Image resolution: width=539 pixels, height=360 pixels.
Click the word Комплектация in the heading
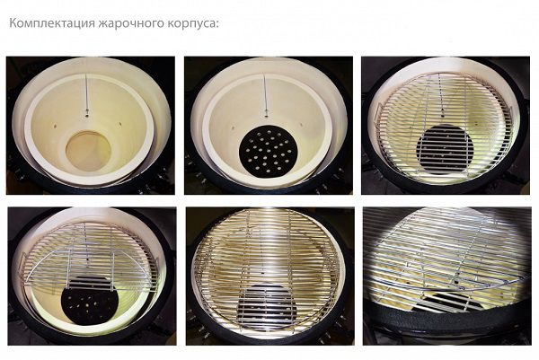tap(52, 23)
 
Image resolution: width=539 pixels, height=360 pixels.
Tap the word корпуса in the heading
tap(193, 23)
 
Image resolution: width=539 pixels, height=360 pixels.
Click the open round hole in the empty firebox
tap(88, 151)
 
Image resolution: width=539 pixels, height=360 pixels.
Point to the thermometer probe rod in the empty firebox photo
tap(86, 93)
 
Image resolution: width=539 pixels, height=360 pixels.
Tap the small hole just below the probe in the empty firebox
tap(87, 116)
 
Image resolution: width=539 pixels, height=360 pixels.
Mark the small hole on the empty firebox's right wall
tap(120, 123)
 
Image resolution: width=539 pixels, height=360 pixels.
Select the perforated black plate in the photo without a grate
tap(268, 152)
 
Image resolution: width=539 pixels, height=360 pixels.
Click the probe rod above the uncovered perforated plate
tap(265, 92)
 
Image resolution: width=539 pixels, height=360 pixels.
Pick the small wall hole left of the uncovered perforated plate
tap(233, 127)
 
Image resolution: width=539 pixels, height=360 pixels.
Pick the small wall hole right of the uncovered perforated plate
tap(300, 124)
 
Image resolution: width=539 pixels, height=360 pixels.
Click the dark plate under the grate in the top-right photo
tap(445, 148)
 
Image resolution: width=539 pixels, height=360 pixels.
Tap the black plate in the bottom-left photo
tap(90, 300)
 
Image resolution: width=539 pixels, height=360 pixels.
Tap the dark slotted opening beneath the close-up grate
tap(446, 301)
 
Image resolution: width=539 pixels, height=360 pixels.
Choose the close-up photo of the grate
tap(446, 276)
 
